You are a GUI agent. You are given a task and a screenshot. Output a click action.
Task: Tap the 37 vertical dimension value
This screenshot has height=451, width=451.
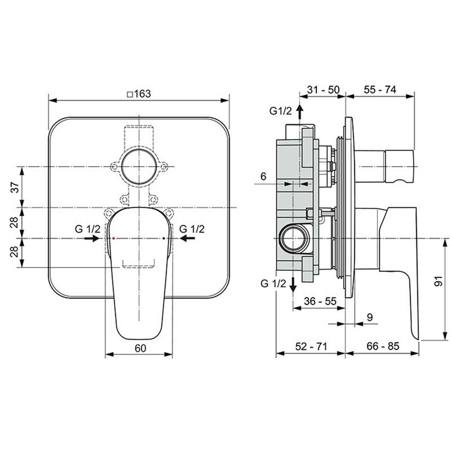[x=15, y=187]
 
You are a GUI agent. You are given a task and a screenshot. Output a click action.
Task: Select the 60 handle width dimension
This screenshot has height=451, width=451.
[x=141, y=348]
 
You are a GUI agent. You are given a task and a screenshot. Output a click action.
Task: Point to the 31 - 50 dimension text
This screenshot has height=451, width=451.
[x=323, y=90]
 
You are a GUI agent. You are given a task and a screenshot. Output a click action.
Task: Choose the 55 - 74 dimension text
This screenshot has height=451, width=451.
[x=380, y=90]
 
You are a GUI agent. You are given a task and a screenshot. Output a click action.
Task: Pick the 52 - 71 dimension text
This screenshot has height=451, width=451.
[x=311, y=346]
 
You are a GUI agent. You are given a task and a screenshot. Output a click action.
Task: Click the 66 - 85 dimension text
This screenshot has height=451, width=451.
[x=383, y=346]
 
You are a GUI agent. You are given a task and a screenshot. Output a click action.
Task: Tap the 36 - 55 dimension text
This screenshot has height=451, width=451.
[x=320, y=301]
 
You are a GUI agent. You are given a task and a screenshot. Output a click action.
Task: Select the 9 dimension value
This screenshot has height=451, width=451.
[x=370, y=317]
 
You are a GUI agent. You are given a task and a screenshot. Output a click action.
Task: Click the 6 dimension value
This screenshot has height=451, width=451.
[x=263, y=176]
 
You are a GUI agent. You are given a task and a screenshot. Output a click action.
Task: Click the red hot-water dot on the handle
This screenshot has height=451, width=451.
[x=114, y=238]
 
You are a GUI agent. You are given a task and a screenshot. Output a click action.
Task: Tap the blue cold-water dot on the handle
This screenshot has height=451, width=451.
[x=163, y=238]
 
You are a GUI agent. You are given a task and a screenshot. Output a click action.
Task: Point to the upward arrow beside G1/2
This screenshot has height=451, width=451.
[x=300, y=112]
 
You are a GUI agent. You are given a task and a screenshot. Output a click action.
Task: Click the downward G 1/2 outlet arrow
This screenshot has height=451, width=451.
[x=293, y=284]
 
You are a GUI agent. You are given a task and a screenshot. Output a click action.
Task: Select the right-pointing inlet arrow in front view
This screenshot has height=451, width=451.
[x=92, y=239]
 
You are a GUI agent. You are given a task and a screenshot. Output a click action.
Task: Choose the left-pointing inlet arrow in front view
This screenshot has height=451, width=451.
[x=187, y=239]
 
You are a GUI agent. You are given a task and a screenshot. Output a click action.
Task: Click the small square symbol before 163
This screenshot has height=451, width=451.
[x=130, y=94]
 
